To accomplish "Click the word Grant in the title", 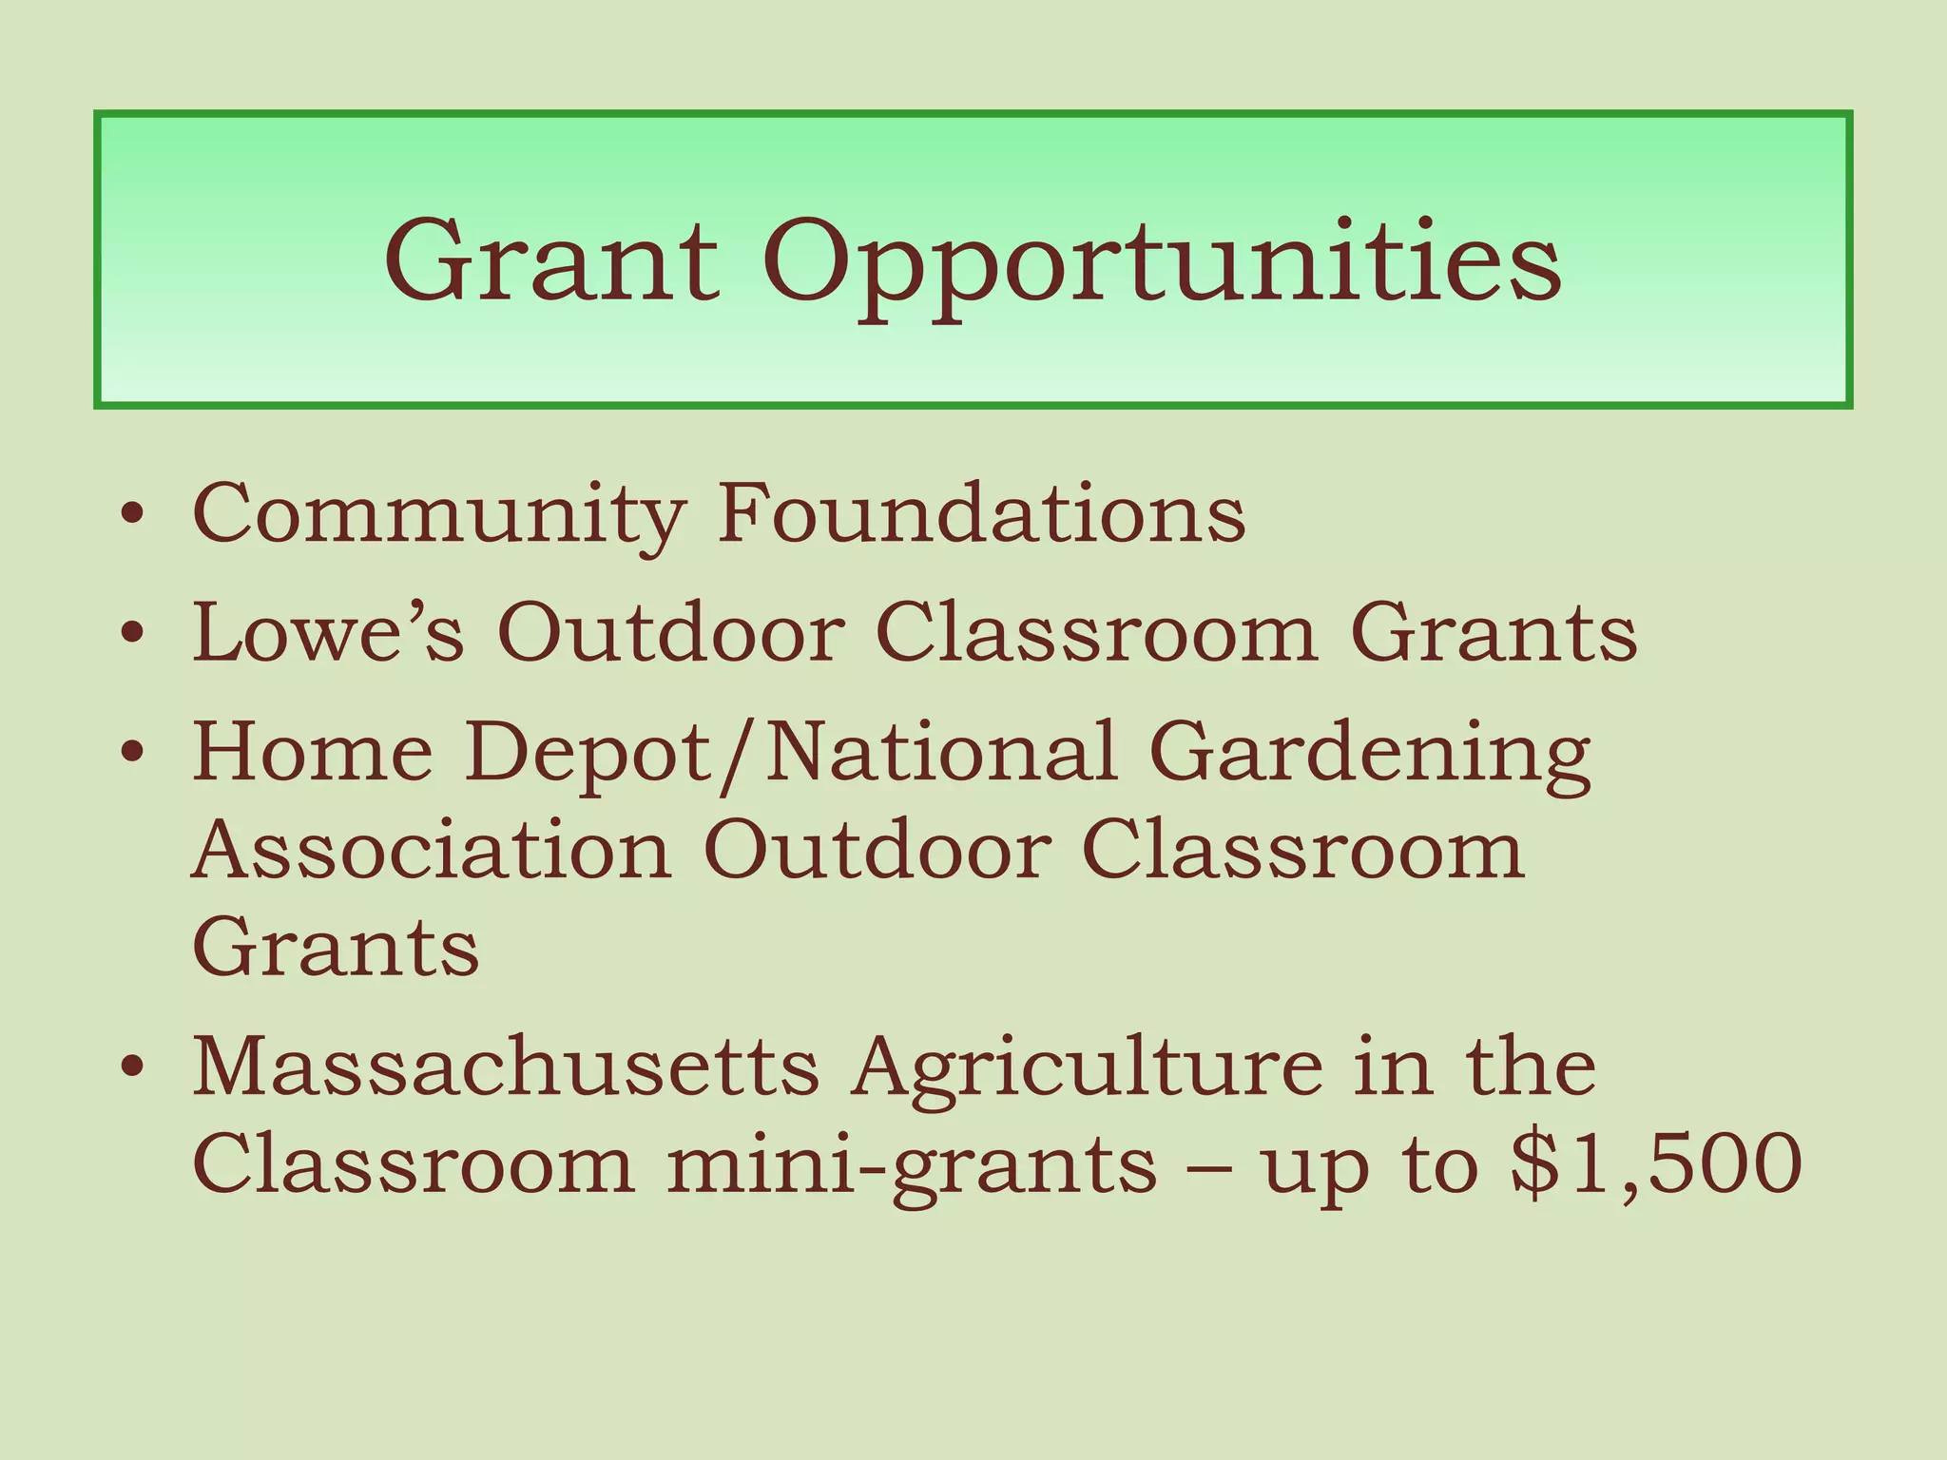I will tap(551, 259).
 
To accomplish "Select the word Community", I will tap(438, 515).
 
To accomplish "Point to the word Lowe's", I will tap(329, 631).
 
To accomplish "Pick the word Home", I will tap(313, 752).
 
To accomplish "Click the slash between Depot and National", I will tap(741, 756).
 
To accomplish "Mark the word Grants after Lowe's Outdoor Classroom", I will tap(1494, 631).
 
